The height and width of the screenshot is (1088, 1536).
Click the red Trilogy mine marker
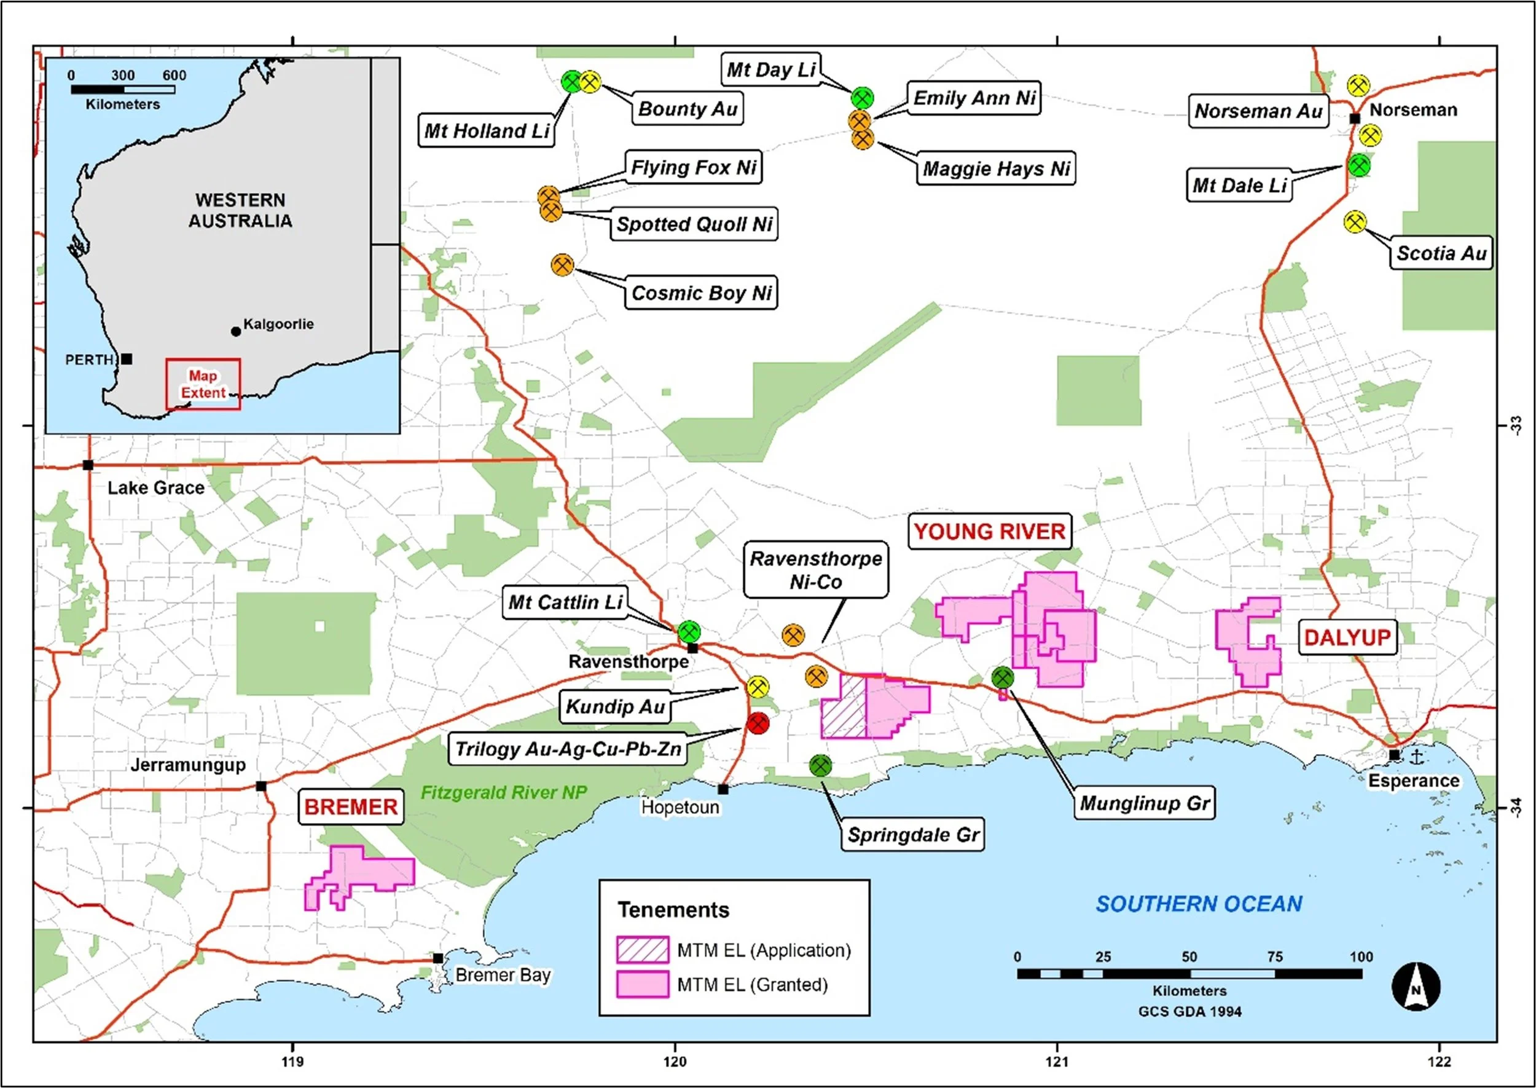click(x=758, y=723)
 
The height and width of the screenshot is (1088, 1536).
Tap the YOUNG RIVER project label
click(x=990, y=531)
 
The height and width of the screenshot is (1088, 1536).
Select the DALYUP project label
click(x=1347, y=636)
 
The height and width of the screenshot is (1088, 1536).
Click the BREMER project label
click(x=351, y=806)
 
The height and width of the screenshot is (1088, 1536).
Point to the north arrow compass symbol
click(x=1416, y=986)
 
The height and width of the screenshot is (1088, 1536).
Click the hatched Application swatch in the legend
click(x=642, y=949)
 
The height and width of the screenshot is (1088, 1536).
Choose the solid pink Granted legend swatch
click(x=642, y=984)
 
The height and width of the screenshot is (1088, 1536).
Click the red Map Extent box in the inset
click(x=203, y=384)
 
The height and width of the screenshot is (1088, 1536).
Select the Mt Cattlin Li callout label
click(x=565, y=602)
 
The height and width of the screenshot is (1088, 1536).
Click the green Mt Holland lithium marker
click(x=572, y=82)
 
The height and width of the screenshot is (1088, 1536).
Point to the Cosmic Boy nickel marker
click(x=562, y=265)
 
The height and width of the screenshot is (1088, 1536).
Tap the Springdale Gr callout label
click(x=912, y=834)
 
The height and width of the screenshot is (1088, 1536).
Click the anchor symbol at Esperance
click(x=1416, y=757)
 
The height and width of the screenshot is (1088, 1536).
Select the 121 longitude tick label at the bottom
click(x=1057, y=1061)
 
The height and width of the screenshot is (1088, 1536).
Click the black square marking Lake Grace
click(x=88, y=465)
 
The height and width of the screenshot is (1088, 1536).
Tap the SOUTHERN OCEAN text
click(x=1199, y=904)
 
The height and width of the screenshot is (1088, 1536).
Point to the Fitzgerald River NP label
click(x=504, y=792)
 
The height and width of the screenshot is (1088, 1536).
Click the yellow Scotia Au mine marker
click(x=1355, y=222)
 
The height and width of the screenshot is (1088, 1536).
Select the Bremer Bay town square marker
click(x=437, y=958)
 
